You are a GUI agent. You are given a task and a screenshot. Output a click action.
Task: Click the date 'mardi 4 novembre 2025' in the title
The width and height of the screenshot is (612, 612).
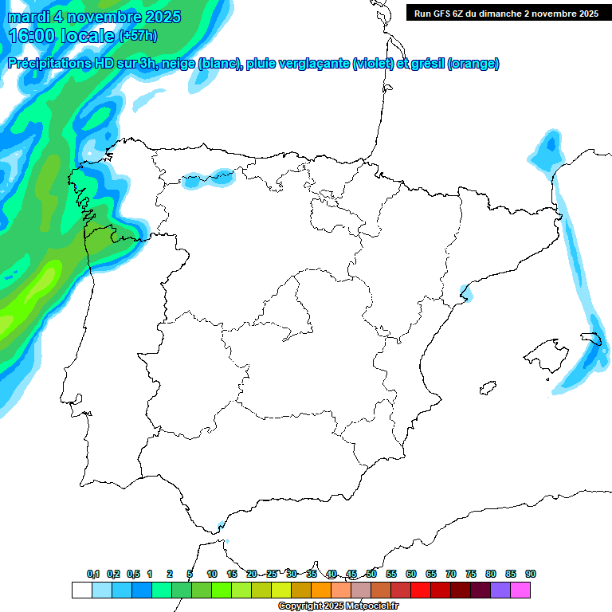click(x=94, y=17)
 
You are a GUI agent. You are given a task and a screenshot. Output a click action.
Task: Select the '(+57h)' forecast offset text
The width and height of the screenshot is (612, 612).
click(x=138, y=36)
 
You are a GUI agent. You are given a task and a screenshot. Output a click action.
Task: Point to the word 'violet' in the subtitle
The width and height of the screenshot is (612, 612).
click(x=372, y=64)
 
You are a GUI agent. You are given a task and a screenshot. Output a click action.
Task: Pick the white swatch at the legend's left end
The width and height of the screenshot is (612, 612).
click(x=81, y=590)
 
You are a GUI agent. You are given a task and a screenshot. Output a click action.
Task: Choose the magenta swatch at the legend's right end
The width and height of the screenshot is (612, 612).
click(x=520, y=590)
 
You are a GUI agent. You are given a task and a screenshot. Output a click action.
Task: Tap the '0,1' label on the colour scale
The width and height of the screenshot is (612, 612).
click(x=93, y=574)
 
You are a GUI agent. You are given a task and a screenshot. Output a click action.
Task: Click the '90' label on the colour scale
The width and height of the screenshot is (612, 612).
click(x=531, y=574)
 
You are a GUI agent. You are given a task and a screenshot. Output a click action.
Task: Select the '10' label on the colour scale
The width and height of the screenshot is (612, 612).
click(x=212, y=574)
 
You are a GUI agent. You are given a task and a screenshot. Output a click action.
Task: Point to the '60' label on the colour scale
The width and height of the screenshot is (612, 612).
click(x=411, y=574)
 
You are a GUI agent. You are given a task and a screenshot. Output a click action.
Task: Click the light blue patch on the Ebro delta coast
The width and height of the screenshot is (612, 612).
click(x=466, y=296)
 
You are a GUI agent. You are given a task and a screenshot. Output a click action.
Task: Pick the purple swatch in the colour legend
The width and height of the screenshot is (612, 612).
click(x=500, y=590)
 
